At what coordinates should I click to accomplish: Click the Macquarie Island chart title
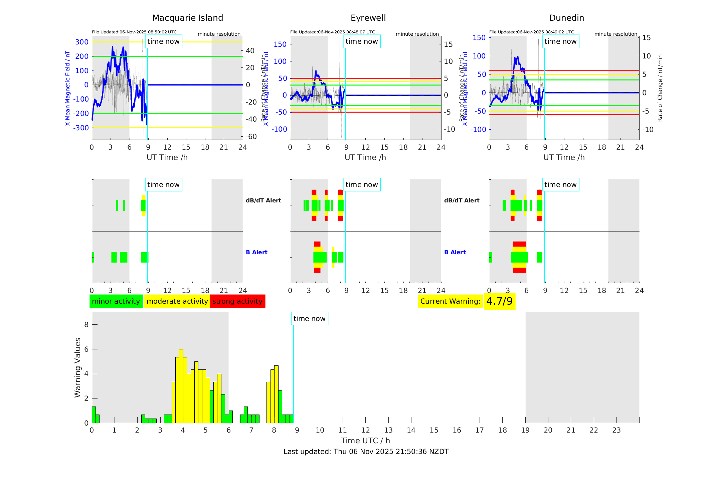point(187,18)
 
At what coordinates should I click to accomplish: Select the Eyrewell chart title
point(368,18)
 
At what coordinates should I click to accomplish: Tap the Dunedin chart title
point(566,18)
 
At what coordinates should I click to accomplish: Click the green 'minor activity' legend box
point(116,301)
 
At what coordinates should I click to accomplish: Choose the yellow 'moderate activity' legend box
point(177,301)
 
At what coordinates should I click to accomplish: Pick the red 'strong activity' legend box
point(237,301)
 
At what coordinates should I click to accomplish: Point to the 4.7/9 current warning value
point(499,301)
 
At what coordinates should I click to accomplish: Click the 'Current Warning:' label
point(450,301)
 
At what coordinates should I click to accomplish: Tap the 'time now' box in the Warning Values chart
point(309,319)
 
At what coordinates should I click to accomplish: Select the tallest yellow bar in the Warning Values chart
point(181,386)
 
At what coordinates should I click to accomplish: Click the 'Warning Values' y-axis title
point(77,367)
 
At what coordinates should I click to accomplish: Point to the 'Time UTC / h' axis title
point(365,441)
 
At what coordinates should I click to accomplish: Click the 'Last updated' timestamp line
point(366,452)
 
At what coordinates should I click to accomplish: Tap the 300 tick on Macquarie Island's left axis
point(82,42)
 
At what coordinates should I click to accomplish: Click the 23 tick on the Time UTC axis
point(616,430)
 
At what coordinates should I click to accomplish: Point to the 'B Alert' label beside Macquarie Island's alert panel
point(256,252)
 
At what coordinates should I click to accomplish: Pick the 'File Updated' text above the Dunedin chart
point(531,32)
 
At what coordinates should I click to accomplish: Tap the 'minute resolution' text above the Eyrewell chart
point(417,34)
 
